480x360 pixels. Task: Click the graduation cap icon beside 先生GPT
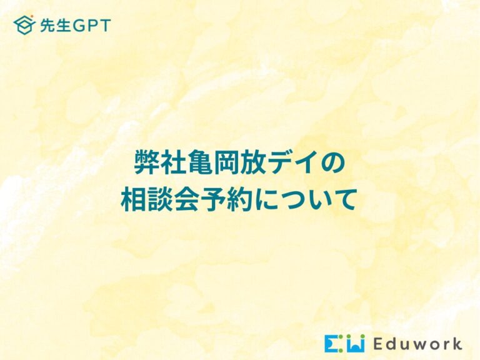coord(24,25)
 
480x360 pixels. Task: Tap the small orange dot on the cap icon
coord(32,16)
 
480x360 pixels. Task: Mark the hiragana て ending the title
coord(346,200)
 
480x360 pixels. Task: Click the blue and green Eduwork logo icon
coord(345,343)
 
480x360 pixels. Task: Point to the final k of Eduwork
coord(456,344)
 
